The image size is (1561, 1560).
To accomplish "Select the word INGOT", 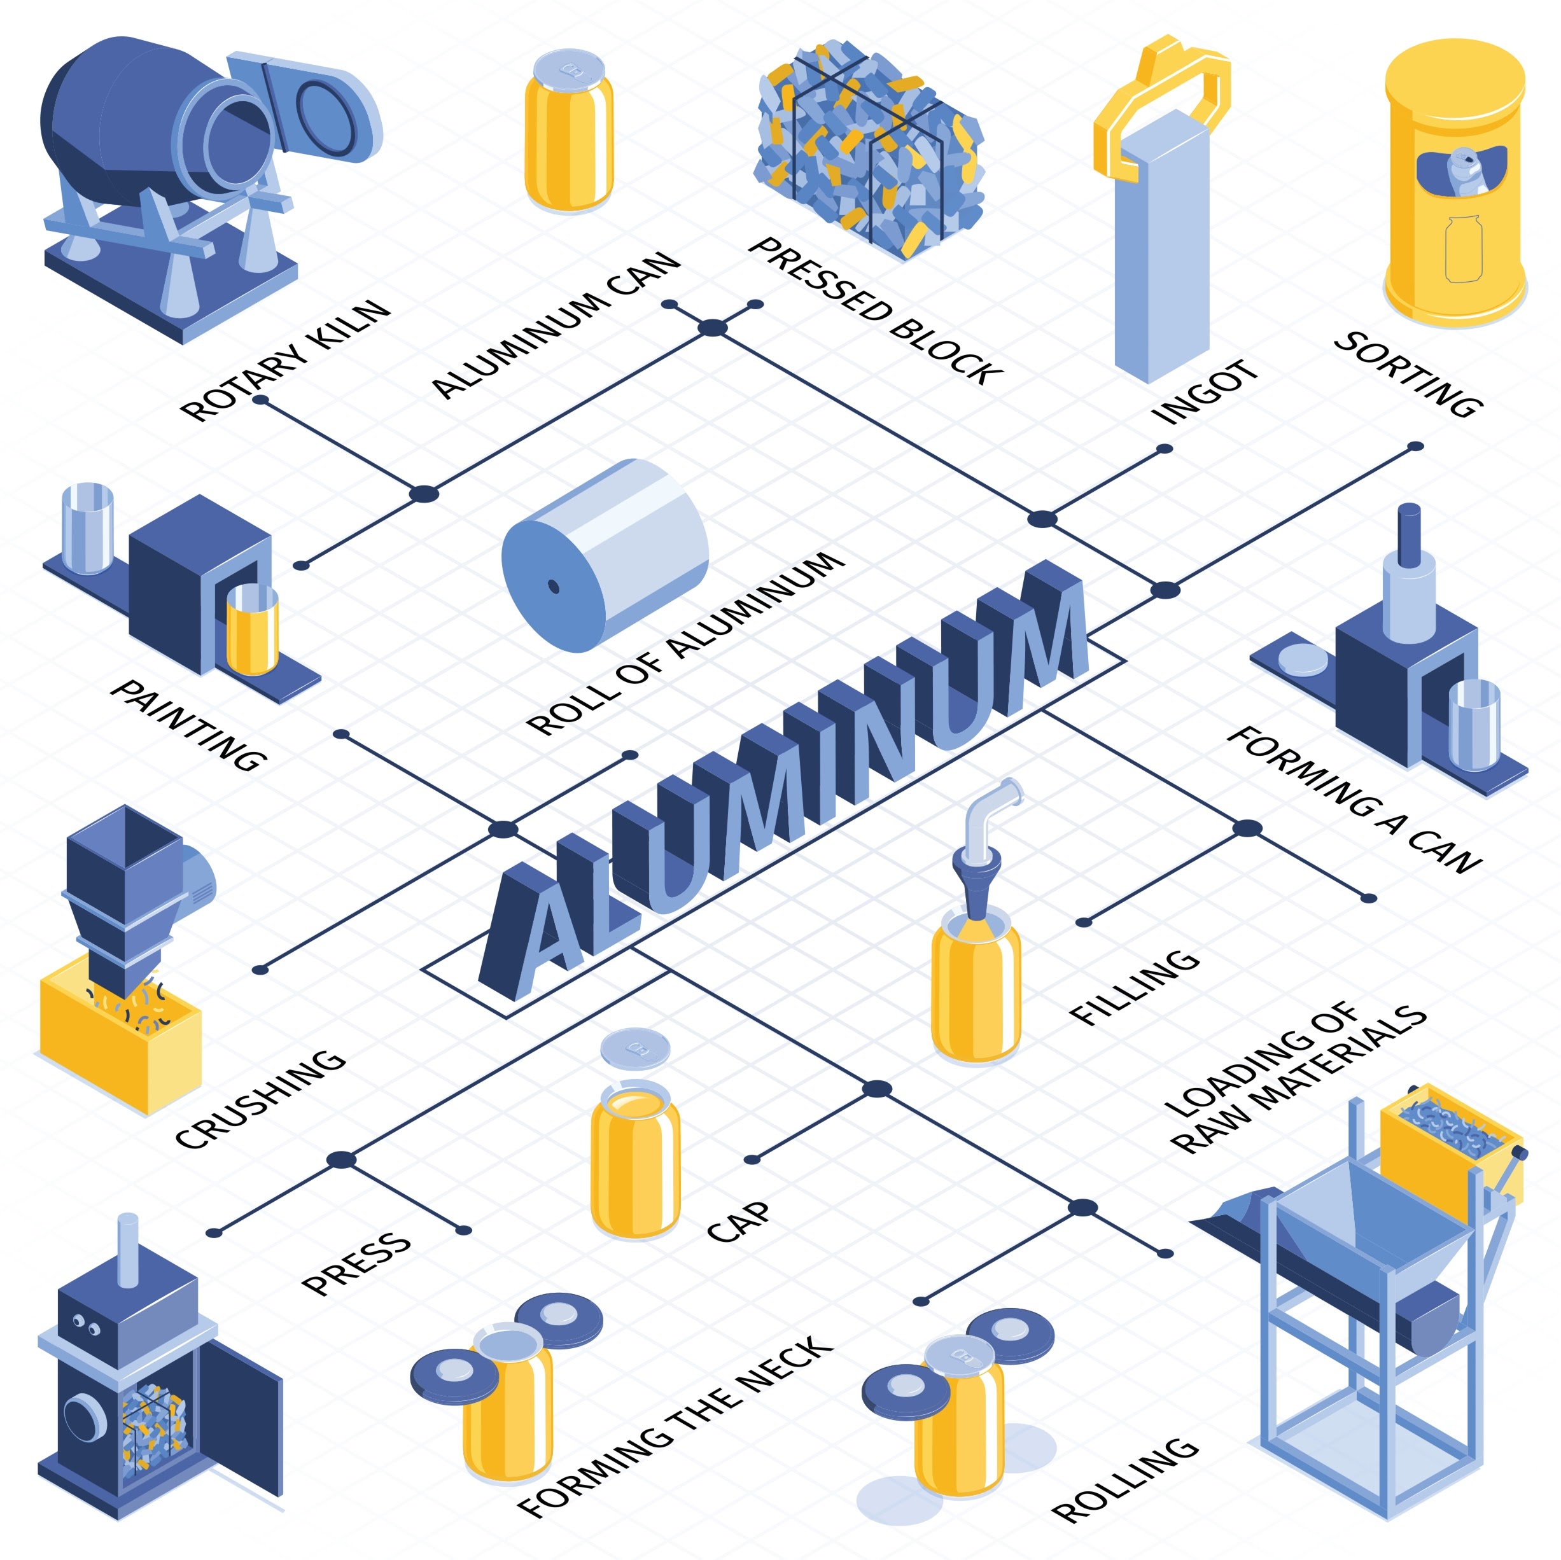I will coord(1205,392).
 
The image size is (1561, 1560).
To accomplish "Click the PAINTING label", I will coord(188,725).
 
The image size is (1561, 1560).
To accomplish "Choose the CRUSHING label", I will coord(260,1099).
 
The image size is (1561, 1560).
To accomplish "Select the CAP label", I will coord(738,1222).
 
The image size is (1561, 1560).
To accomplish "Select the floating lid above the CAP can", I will coord(635,1049).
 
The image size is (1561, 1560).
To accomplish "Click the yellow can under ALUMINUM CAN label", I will coord(569,134).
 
